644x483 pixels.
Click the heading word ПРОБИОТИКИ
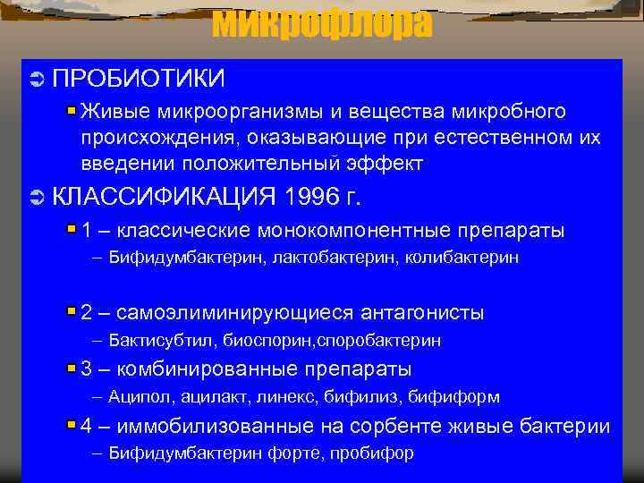coord(139,79)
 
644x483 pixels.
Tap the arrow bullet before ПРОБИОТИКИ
coord(36,80)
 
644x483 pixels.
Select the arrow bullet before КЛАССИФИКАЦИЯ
coord(36,196)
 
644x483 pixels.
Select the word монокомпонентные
coord(355,230)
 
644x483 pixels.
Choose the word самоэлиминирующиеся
coord(235,313)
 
